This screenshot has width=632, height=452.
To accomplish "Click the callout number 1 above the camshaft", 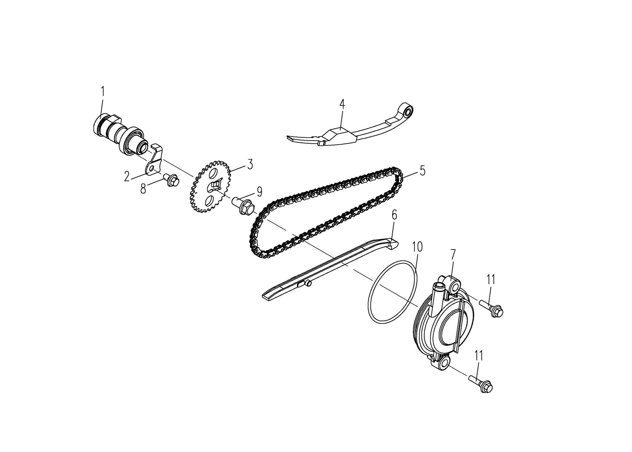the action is tap(103, 91).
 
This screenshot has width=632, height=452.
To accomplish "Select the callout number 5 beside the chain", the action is tap(422, 171).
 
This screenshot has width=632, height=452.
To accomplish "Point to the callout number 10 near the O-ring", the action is tap(417, 247).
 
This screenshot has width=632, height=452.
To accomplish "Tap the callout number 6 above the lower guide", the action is tap(394, 215).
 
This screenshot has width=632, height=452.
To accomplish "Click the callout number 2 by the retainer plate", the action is tap(127, 176).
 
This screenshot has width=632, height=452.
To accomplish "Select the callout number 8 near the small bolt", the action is tap(144, 189).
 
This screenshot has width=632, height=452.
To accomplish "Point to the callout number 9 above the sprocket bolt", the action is tap(259, 192).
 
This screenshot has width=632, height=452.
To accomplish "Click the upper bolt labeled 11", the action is tap(491, 309).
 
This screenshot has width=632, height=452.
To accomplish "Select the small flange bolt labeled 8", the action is tap(171, 180).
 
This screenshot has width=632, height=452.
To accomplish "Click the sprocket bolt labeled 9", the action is tap(242, 207).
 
